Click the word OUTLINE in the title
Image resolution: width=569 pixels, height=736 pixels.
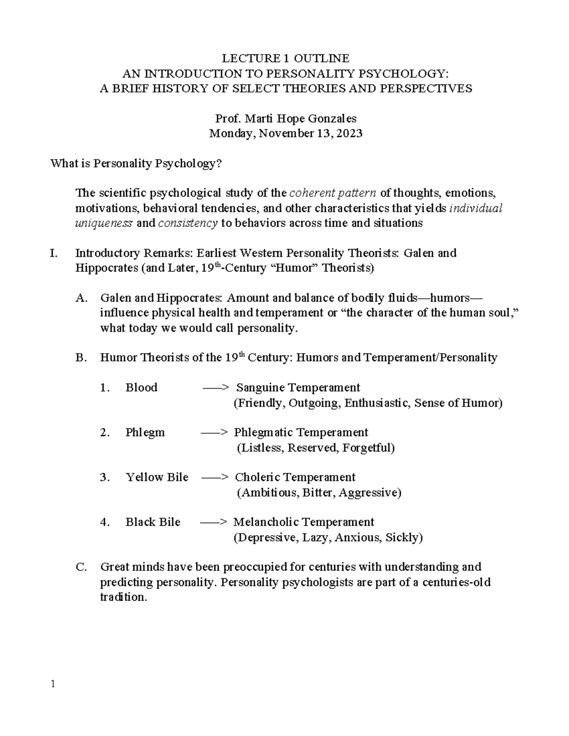[321, 58]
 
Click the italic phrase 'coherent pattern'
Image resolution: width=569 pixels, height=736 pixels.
[333, 193]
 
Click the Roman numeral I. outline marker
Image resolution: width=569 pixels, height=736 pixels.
[54, 253]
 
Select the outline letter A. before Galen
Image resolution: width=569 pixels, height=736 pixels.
[82, 298]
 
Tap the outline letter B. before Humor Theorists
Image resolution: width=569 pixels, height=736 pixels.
[81, 358]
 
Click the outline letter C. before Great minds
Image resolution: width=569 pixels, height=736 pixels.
[81, 567]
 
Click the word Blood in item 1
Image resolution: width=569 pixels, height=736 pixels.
[141, 388]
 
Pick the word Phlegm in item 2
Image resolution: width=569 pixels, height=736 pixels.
[145, 433]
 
